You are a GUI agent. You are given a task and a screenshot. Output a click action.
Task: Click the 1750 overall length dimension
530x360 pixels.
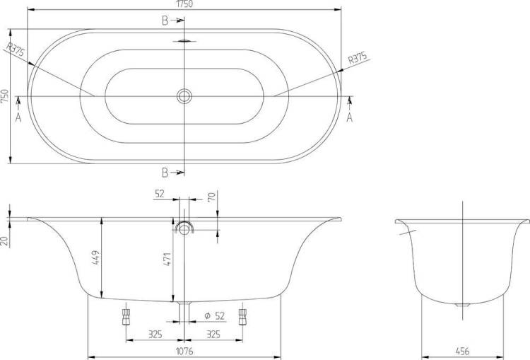[x=184, y=4]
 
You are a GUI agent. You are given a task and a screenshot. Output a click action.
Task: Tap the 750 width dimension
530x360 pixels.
[x=4, y=96]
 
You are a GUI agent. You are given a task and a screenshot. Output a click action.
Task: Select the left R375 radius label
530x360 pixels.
[x=16, y=50]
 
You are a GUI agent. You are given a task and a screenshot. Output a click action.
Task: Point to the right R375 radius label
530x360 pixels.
[x=358, y=58]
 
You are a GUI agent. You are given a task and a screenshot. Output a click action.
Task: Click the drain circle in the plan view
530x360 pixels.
[x=184, y=96]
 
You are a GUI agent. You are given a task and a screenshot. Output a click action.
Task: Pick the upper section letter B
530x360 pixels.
[x=165, y=21]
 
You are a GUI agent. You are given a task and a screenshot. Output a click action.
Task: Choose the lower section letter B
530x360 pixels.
[x=165, y=173]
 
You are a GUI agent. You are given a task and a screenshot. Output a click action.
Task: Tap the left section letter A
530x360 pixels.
[x=18, y=117]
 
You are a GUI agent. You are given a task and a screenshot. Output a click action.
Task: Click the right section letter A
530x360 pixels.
[x=350, y=117]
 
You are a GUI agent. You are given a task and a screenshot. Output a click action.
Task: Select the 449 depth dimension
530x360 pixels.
[x=96, y=257]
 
